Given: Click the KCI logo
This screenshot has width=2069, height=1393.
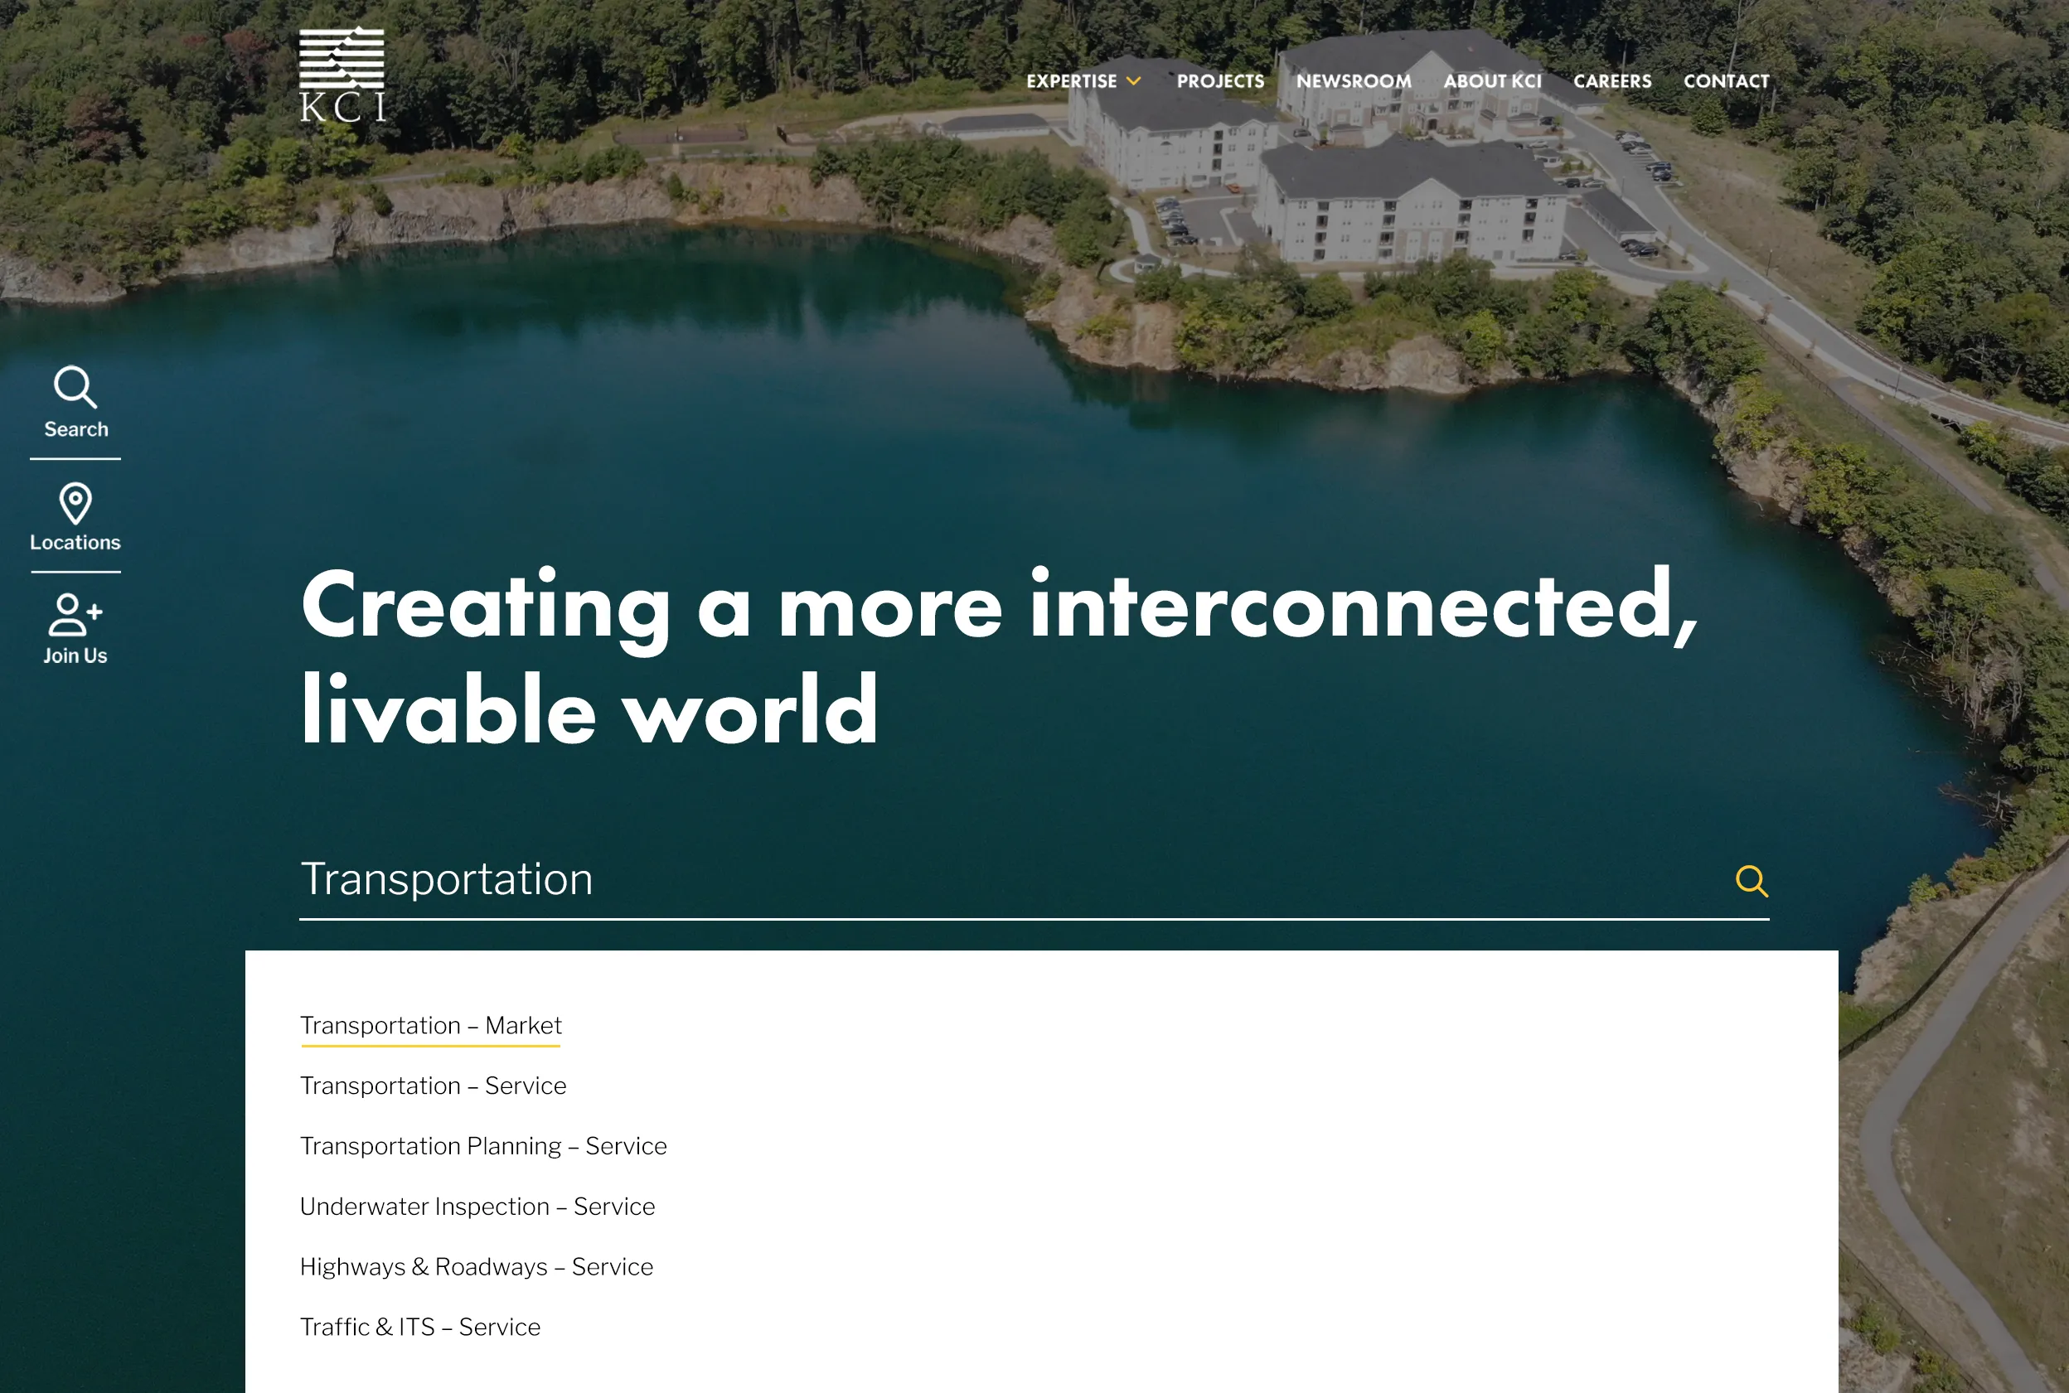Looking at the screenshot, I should (x=342, y=75).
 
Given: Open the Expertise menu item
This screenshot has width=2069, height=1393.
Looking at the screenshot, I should (x=1071, y=81).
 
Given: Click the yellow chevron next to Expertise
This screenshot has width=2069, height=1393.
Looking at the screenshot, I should (x=1134, y=81).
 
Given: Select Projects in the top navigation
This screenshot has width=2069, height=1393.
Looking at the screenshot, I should (x=1220, y=81).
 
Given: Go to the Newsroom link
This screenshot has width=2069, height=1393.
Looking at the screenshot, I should (x=1354, y=81).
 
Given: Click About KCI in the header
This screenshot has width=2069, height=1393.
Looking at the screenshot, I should (x=1492, y=81).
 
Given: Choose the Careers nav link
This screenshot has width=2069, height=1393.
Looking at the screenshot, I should (x=1612, y=81).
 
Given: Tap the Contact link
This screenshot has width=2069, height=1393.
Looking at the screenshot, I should (x=1726, y=81).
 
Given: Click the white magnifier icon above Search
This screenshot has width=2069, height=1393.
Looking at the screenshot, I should (x=75, y=387).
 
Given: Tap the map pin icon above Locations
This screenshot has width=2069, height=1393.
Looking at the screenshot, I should (x=75, y=503).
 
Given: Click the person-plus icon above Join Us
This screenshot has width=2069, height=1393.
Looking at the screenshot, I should (x=75, y=615).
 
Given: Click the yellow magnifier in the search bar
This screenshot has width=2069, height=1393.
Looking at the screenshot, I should (x=1751, y=880).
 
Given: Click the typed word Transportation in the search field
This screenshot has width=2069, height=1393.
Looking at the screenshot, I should (x=446, y=879).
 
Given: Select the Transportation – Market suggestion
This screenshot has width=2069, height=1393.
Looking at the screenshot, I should (x=431, y=1025).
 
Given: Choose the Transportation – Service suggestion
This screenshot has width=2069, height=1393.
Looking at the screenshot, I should (x=433, y=1086).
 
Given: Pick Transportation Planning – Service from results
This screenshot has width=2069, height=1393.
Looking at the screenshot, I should (x=483, y=1146).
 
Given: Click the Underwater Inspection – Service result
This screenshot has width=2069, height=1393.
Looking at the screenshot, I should (x=477, y=1207).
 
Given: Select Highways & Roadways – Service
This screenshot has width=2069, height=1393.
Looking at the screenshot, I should (x=477, y=1267).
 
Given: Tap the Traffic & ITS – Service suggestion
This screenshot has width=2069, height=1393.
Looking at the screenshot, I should (x=420, y=1328).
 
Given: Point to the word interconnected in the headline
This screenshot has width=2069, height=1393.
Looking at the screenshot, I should (x=1363, y=607).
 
